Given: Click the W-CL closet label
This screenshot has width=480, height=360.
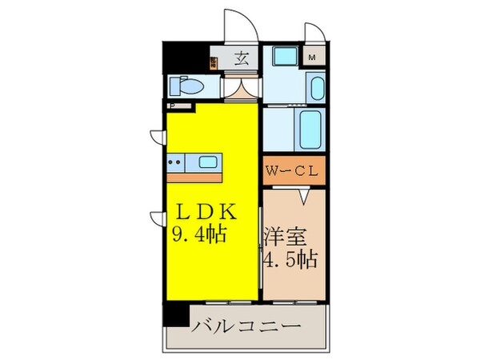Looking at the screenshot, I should tap(294, 170).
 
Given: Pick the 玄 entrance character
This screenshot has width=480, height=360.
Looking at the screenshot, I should tap(241, 58).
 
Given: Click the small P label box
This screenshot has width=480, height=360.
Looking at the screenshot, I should tap(171, 104).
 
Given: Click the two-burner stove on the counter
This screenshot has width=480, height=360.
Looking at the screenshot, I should tap(175, 162).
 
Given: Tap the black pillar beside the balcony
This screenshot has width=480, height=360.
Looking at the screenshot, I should tap(171, 314).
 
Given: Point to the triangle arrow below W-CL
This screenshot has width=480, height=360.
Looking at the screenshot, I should tap(303, 194).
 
